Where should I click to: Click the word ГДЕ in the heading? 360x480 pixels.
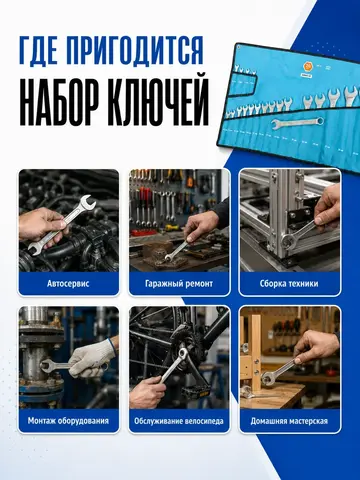40,51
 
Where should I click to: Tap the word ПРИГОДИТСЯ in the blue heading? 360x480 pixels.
136,51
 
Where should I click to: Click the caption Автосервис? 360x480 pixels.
68,284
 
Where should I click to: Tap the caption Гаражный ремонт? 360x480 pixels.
179,284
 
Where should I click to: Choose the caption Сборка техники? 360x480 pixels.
289,284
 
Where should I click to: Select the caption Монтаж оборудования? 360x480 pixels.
68,421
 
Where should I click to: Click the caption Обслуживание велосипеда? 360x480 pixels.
179,421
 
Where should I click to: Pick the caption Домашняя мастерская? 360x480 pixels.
289,421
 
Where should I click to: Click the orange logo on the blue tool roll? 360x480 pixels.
307,66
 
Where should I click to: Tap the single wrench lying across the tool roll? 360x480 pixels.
298,122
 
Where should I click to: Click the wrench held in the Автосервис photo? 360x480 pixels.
62,225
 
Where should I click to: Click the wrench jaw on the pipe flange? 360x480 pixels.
46,366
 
